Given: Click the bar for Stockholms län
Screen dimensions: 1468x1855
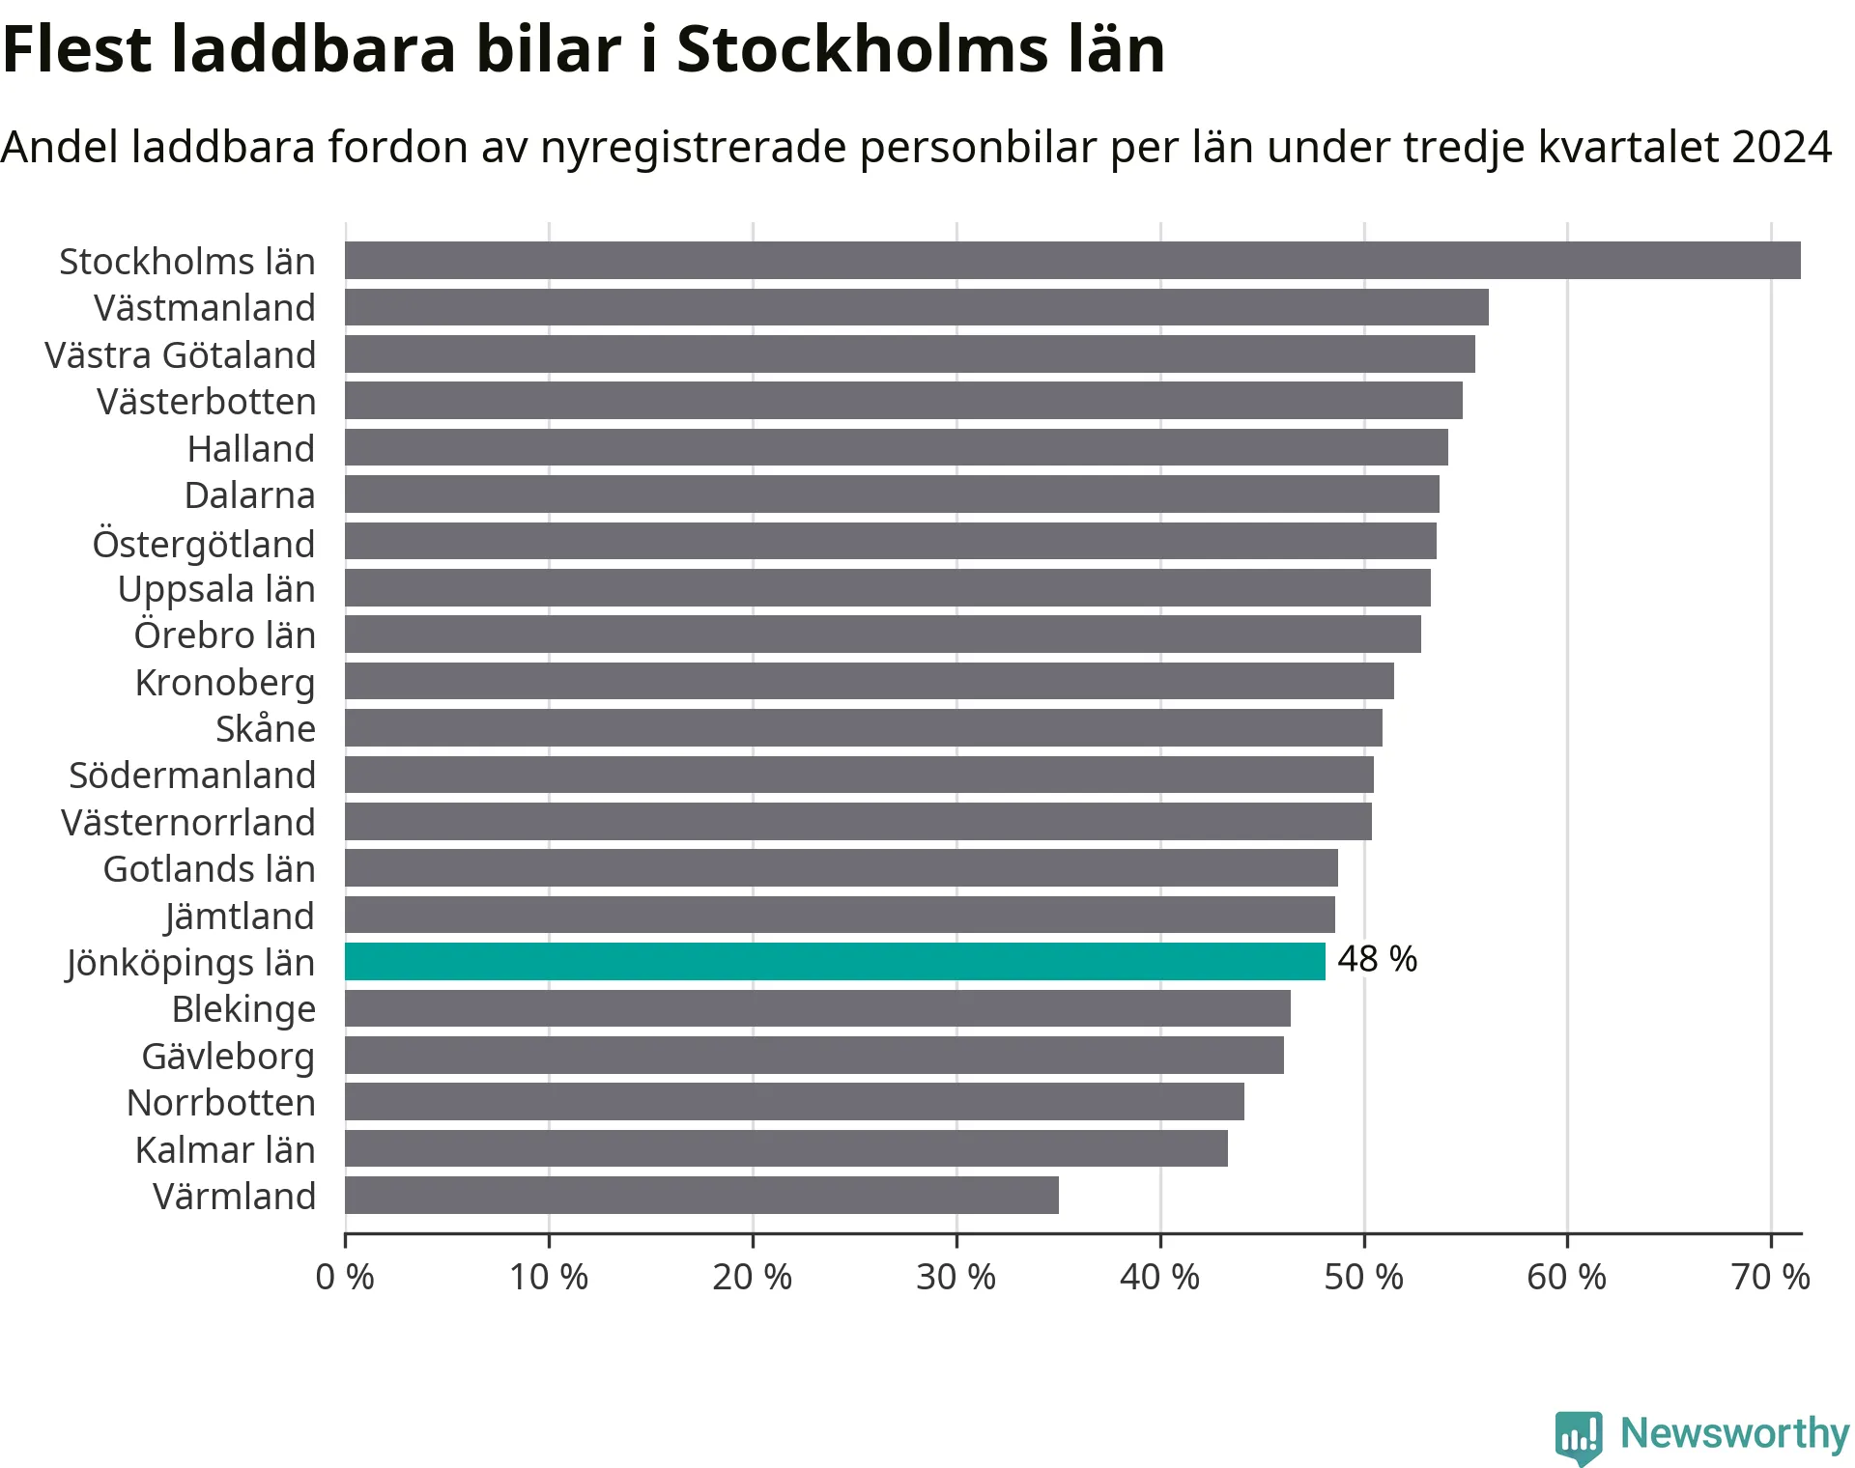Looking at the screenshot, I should (x=1072, y=261).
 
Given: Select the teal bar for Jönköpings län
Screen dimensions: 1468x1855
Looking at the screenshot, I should (x=835, y=962).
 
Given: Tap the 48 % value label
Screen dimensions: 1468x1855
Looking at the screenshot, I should (x=1377, y=959).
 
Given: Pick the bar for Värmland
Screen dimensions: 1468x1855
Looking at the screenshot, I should (x=701, y=1196).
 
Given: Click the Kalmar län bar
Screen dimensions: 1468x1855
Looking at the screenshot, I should (x=786, y=1149).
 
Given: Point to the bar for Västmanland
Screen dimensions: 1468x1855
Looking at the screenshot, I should (x=916, y=307).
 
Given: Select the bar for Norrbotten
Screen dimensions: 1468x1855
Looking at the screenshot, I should (x=794, y=1102).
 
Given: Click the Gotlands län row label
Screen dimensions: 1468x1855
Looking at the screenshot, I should (x=209, y=869).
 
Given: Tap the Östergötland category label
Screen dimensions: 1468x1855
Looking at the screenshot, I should (x=204, y=544).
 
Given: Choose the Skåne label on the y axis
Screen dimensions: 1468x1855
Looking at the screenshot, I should (x=266, y=729).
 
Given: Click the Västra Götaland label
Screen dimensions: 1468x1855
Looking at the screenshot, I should (x=181, y=355).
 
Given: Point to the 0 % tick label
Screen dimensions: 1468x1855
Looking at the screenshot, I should (x=345, y=1277).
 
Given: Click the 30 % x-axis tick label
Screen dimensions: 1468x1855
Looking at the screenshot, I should (x=956, y=1277).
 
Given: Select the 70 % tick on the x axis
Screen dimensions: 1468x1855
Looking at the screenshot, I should (x=1770, y=1277).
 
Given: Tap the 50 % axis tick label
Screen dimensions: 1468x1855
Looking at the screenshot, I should (x=1363, y=1277).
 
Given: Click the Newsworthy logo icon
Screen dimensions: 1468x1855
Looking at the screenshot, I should (x=1578, y=1436).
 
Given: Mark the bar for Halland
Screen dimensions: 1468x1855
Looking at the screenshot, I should (x=896, y=448).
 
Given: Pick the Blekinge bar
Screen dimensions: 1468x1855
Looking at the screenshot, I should (x=817, y=1008).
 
